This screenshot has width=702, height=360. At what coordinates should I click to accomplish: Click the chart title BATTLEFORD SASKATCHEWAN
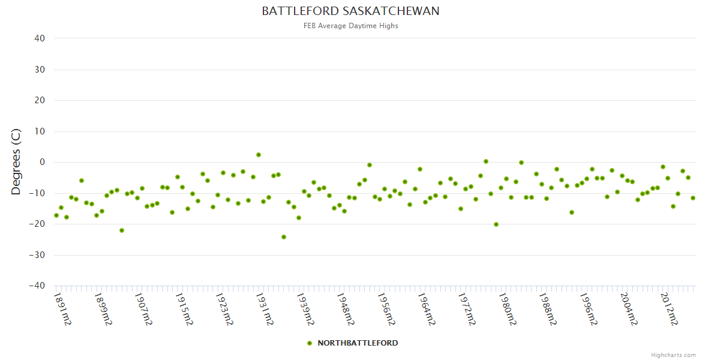[x=350, y=11]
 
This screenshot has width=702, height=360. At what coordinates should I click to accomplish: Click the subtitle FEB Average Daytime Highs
[x=350, y=26]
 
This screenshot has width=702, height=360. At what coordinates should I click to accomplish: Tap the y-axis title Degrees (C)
[x=16, y=162]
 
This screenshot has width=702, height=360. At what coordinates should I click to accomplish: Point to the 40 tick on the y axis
[x=40, y=38]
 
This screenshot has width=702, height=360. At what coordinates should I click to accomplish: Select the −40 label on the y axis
[x=37, y=286]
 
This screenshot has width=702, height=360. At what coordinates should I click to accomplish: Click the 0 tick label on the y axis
[x=42, y=162]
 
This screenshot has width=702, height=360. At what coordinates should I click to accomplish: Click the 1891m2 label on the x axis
[x=63, y=309]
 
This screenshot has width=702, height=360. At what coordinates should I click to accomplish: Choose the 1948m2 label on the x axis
[x=346, y=309]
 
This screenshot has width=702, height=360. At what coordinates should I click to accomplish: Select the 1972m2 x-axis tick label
[x=467, y=309]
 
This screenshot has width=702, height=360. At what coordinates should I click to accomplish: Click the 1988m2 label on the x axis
[x=548, y=309]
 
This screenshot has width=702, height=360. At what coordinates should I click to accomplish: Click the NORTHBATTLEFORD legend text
[x=358, y=343]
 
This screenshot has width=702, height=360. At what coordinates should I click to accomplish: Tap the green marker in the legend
[x=310, y=343]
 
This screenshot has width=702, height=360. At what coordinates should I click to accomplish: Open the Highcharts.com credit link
[x=673, y=355]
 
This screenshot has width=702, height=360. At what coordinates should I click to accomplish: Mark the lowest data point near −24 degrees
[x=284, y=237]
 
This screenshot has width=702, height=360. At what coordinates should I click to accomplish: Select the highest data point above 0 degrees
[x=259, y=155]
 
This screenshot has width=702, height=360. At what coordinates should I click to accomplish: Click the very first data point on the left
[x=56, y=215]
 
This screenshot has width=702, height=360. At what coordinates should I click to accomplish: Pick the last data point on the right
[x=693, y=198]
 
